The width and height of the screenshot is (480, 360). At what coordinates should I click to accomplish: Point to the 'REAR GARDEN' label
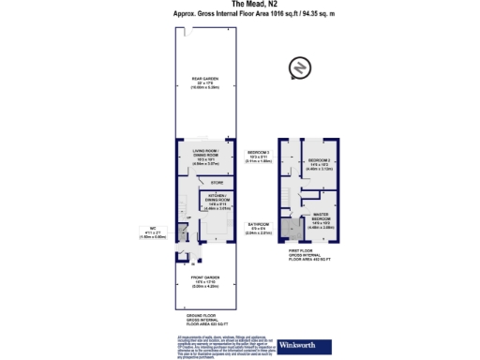pyautogui.click(x=205, y=82)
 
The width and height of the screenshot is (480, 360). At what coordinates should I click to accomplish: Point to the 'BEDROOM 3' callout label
pyautogui.click(x=258, y=156)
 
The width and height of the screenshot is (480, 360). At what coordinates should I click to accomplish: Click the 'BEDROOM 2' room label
pyautogui.click(x=321, y=164)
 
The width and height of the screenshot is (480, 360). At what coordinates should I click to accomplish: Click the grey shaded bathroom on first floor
pyautogui.click(x=287, y=225)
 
